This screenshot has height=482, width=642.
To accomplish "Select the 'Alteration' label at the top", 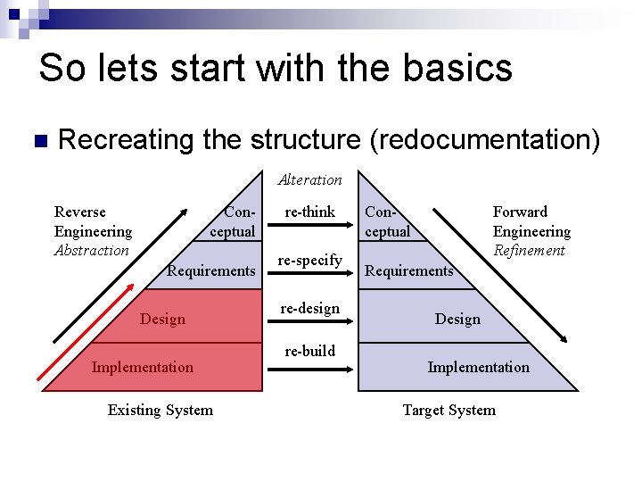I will coord(309,179).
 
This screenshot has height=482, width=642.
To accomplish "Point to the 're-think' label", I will coord(309,212).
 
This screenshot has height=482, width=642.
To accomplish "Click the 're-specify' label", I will coord(309,260).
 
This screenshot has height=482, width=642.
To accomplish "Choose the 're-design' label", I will coord(309,308).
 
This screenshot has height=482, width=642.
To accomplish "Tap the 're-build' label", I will coord(309,351).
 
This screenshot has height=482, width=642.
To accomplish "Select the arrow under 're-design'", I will coord(310,323).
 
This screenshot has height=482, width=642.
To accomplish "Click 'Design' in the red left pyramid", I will coord(163,319).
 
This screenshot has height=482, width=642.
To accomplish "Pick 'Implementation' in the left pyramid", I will coord(142,367).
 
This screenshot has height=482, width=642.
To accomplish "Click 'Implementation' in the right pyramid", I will coord(478,367).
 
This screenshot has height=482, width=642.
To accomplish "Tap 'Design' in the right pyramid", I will coord(457,319).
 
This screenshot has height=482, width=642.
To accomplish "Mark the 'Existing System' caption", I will coord(160,410).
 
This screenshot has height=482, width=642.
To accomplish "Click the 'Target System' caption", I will coord(449,410).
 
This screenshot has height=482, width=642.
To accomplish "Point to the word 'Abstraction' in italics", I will coord(92,251).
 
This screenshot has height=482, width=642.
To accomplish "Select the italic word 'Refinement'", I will coord(530,251).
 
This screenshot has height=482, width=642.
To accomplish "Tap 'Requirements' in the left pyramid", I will coord(211,270).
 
